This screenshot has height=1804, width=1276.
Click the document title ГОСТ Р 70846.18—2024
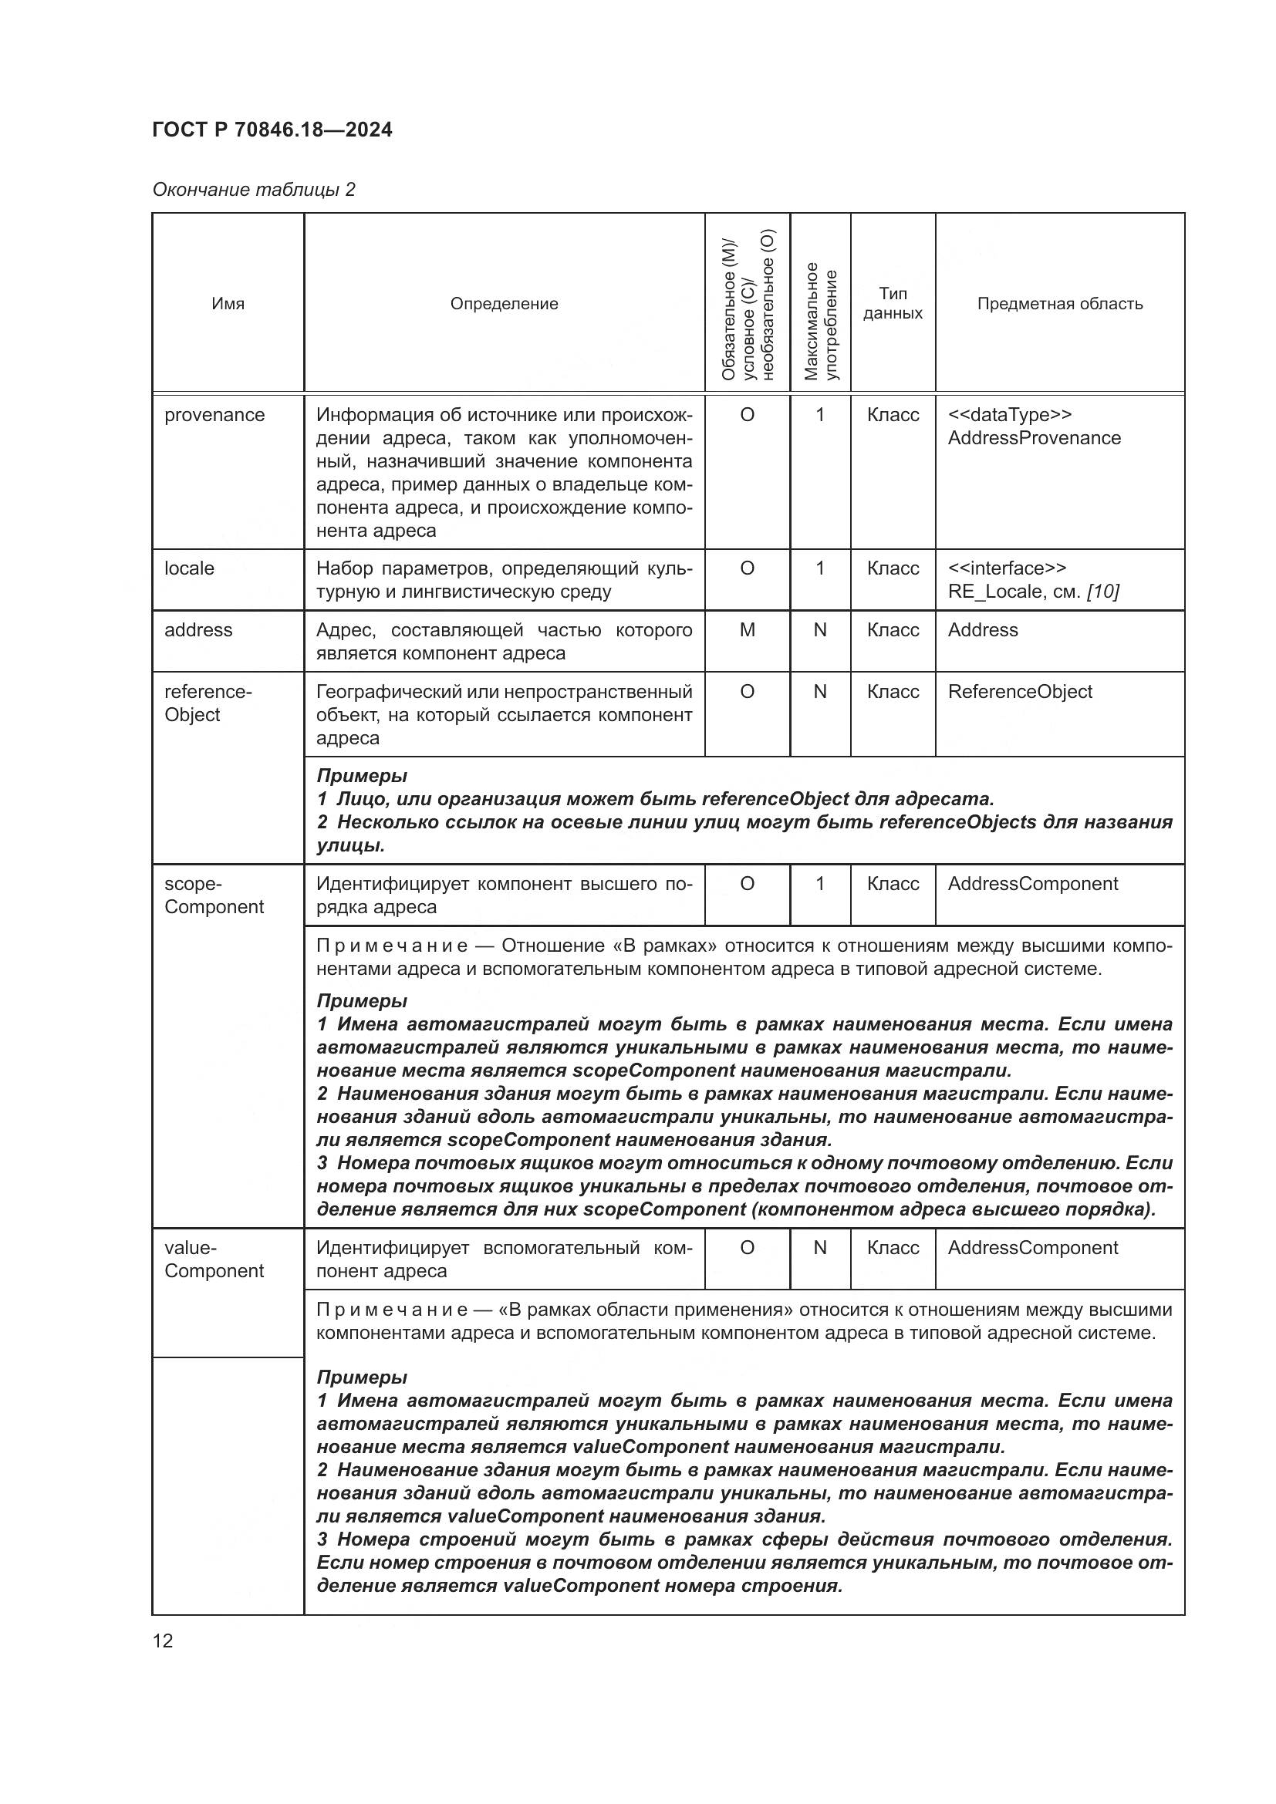(x=272, y=130)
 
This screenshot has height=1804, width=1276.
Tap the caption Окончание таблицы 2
(x=253, y=190)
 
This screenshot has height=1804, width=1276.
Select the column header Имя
(x=228, y=304)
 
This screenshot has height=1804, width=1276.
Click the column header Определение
(x=504, y=304)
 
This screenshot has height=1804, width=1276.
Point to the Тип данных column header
(x=893, y=303)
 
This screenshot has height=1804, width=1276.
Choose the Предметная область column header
(x=1059, y=304)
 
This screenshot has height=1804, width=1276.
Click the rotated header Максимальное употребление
(x=820, y=322)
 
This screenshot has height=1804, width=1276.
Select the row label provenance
(x=214, y=415)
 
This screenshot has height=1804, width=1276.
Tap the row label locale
(x=189, y=568)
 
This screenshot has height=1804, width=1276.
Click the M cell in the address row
(x=748, y=630)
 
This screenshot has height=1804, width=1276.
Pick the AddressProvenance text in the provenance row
(x=1034, y=437)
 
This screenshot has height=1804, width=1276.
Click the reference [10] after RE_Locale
(x=1102, y=592)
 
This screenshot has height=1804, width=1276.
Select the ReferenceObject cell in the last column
(x=1020, y=691)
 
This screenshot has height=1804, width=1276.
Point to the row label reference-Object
(x=208, y=703)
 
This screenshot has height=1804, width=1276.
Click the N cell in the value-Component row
(x=819, y=1248)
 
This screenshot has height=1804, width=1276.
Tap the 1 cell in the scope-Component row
(x=819, y=884)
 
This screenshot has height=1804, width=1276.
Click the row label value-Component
(x=214, y=1259)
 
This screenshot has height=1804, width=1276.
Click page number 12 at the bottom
(x=163, y=1640)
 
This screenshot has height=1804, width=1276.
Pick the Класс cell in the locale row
(x=893, y=568)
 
